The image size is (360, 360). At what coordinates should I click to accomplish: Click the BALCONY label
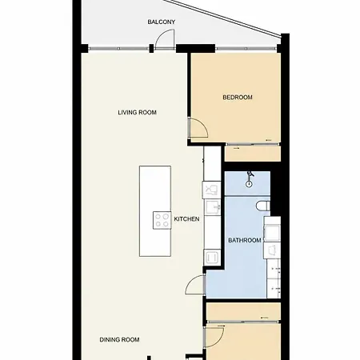click(162, 22)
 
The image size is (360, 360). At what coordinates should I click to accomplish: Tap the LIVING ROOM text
click(137, 113)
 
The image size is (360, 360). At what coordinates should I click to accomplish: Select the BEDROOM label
click(238, 98)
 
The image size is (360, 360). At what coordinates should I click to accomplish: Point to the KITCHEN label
click(186, 219)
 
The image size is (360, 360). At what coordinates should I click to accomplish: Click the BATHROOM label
click(245, 240)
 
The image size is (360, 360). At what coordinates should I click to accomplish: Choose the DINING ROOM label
click(119, 340)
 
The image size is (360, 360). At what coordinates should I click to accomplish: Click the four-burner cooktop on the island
click(162, 220)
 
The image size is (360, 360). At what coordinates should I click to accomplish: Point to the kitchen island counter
click(155, 211)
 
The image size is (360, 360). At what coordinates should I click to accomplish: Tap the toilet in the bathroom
click(263, 206)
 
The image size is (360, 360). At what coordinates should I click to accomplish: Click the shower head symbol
click(250, 180)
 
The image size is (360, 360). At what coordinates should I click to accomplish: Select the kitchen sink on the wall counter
click(212, 207)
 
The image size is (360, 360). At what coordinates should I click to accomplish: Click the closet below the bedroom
click(253, 153)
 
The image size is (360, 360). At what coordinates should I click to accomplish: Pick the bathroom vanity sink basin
click(272, 232)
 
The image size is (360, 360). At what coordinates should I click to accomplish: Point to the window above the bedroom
click(246, 49)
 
